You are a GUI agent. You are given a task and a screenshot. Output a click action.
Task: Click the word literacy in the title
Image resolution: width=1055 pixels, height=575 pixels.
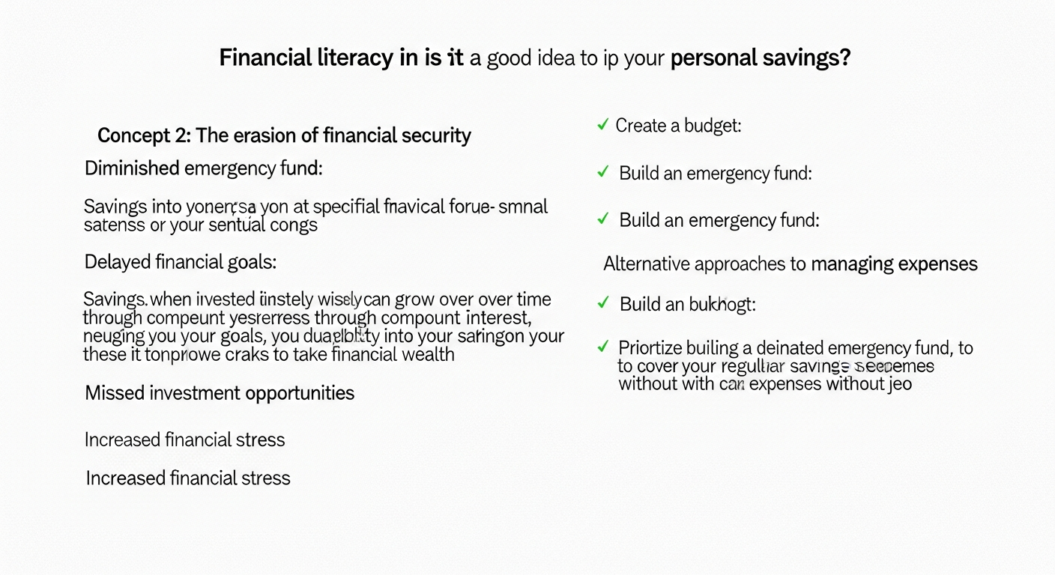351,58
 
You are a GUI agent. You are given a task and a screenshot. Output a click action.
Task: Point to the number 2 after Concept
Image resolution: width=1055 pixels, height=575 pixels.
182,136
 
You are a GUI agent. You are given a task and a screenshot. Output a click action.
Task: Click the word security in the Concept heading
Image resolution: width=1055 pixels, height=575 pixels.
434,136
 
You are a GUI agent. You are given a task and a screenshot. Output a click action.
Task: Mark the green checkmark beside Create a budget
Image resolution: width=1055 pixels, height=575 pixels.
602,125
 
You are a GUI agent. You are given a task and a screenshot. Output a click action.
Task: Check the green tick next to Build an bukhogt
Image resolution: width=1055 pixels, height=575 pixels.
602,303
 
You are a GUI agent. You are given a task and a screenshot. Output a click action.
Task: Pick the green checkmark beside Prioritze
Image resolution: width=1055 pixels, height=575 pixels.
602,347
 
